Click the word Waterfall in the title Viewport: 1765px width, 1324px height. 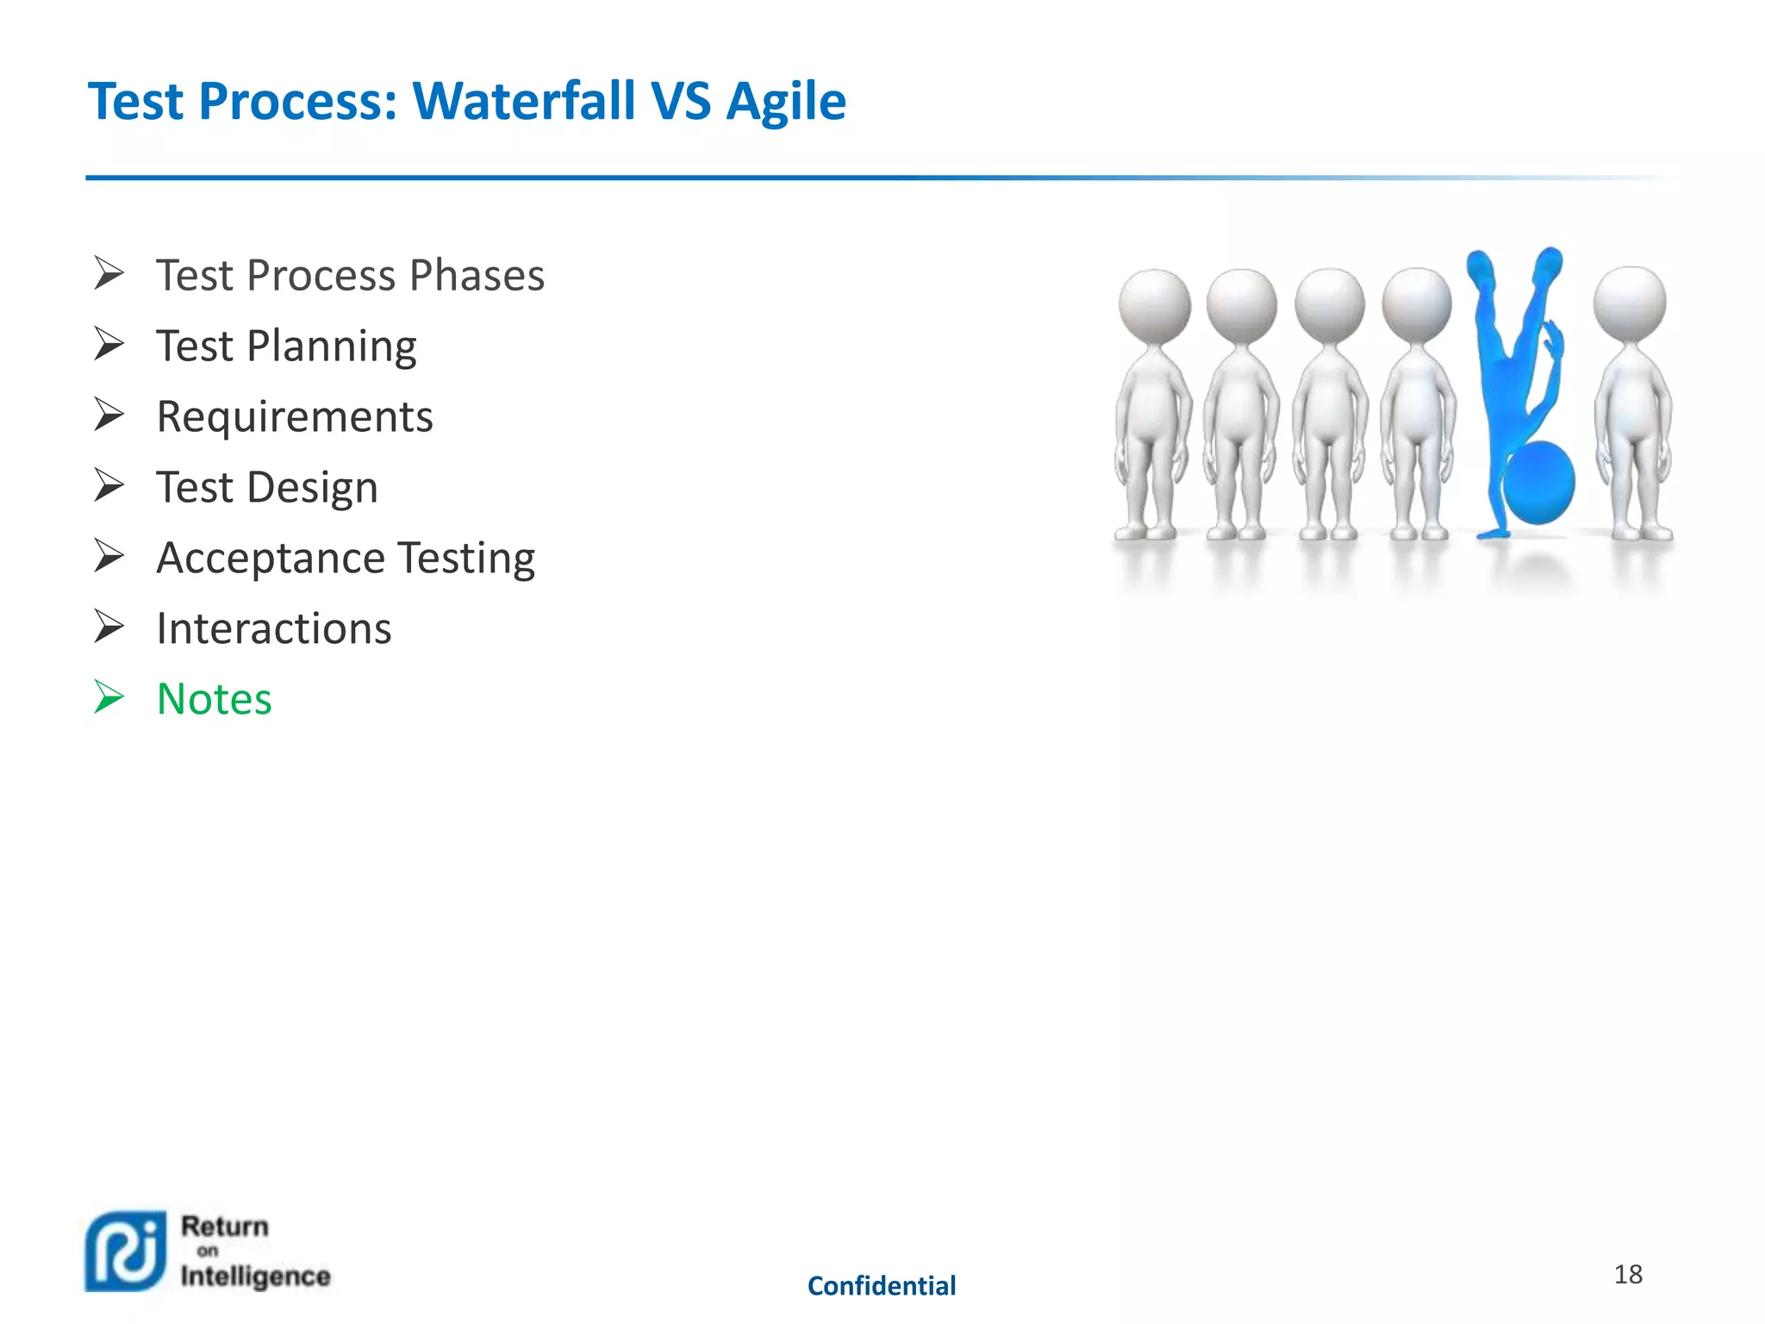524,102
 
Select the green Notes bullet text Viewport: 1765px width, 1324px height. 214,698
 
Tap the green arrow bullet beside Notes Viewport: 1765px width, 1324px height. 109,696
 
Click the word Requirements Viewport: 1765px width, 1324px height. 294,417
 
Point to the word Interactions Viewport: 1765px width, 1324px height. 273,628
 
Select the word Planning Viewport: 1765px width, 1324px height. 331,347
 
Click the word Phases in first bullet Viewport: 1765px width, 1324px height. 476,276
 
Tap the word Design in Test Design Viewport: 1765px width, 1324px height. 312,488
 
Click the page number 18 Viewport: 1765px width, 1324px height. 1627,1274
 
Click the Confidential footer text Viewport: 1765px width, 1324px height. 881,1286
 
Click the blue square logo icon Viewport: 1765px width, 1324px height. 126,1252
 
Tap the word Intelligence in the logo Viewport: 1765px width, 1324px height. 255,1277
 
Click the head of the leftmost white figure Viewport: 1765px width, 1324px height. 1154,305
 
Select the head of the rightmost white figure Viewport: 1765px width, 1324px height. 1629,303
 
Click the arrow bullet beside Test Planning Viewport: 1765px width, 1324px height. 109,344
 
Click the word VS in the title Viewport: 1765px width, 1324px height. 681,102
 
